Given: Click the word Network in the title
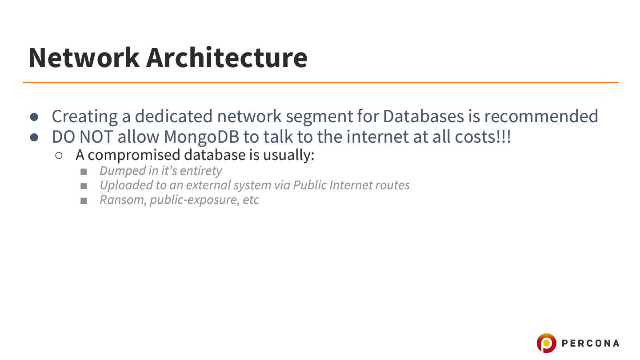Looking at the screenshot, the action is point(84,58).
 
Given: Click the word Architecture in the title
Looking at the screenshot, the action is point(227,58).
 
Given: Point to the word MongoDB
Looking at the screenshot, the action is point(201,137).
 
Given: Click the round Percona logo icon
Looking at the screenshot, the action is point(546,343).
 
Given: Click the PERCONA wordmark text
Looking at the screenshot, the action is point(590,343).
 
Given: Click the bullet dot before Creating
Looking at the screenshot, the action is point(35,117).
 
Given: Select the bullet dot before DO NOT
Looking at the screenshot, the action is point(35,137).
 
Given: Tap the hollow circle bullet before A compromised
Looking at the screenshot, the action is point(59,156).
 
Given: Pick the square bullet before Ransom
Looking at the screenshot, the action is point(84,201).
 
